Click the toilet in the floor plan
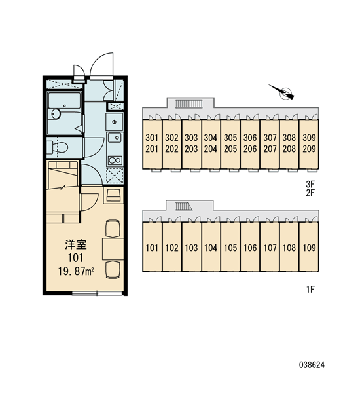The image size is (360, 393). click(x=58, y=147)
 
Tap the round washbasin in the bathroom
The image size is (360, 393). click(x=56, y=114)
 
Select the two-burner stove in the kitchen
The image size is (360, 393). click(x=115, y=160)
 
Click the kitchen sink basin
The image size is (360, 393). click(x=115, y=138)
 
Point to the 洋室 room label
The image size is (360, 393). click(x=76, y=245)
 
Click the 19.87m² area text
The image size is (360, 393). click(x=76, y=271)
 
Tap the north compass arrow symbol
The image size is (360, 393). click(x=282, y=92)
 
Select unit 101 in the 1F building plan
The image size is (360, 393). click(x=152, y=247)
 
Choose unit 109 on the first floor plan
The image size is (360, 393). click(x=309, y=247)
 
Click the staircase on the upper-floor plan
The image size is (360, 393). click(x=188, y=103)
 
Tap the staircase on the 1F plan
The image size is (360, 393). click(x=183, y=206)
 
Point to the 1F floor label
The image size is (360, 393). click(x=310, y=290)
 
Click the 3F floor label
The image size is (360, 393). click(x=310, y=185)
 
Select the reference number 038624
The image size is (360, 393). click(x=312, y=365)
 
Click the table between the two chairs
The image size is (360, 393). click(x=113, y=249)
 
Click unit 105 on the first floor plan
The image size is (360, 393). click(x=230, y=247)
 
